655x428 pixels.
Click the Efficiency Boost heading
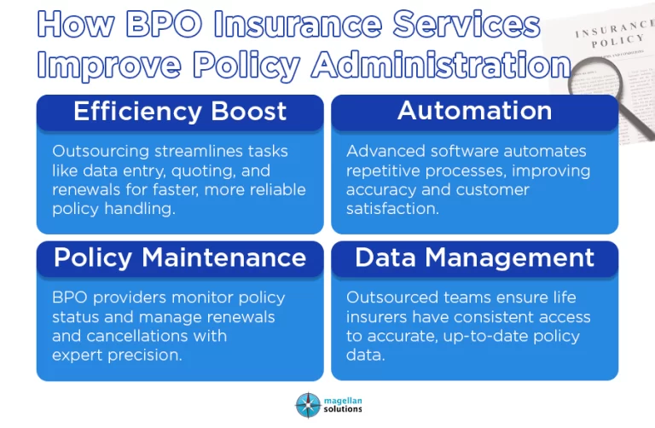[180, 111]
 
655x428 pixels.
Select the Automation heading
[474, 111]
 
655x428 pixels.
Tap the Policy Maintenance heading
[180, 257]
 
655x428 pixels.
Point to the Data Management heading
[474, 257]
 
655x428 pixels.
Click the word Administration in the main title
[442, 65]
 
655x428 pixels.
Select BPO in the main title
[164, 24]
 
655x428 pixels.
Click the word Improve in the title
[109, 67]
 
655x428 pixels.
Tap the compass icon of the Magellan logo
[308, 405]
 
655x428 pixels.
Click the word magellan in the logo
[343, 401]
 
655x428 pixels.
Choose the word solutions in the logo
[343, 409]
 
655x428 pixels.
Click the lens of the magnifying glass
[594, 80]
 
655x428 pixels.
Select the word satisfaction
[392, 208]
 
